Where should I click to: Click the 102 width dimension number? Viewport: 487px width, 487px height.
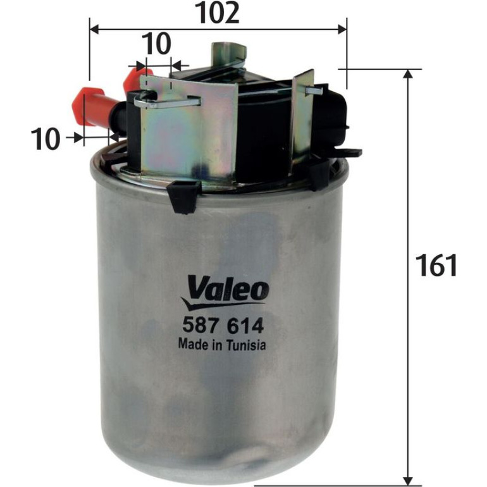click(219, 13)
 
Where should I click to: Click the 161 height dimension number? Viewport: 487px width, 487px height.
click(437, 265)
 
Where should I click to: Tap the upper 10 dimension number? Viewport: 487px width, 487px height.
click(157, 43)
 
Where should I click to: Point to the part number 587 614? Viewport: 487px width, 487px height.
click(223, 326)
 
